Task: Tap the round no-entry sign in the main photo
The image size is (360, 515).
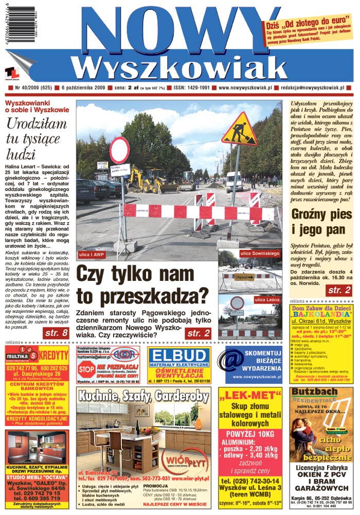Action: [119, 150]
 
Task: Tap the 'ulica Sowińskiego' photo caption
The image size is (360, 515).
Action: [260, 253]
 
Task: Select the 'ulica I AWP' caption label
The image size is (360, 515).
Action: [92, 255]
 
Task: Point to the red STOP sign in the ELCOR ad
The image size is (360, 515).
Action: [85, 370]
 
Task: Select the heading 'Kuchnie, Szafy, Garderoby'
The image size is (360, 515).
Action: [142, 397]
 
